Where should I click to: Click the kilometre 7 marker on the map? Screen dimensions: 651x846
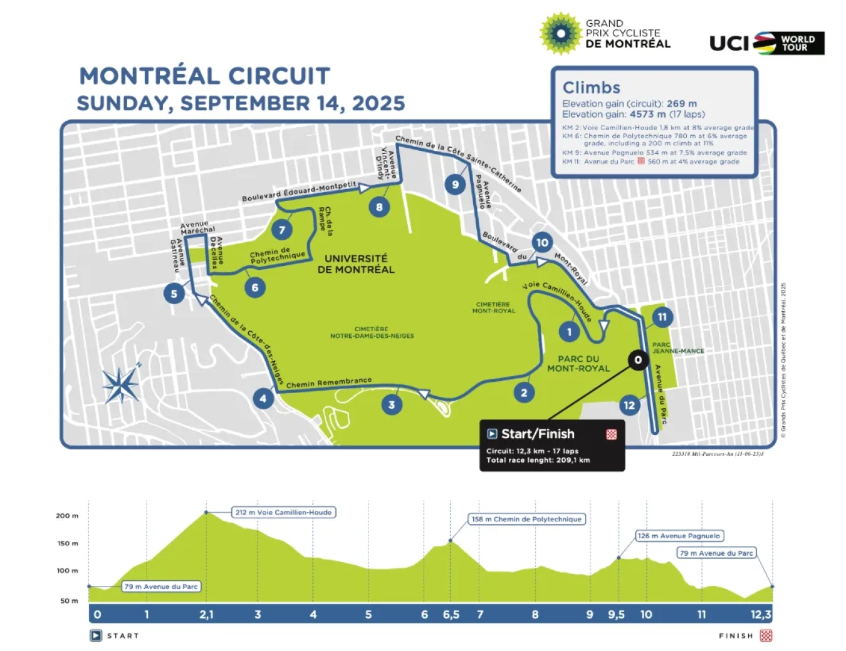tap(282, 230)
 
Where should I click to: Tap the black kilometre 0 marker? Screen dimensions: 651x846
tap(638, 359)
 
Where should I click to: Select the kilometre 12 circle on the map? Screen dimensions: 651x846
tap(629, 405)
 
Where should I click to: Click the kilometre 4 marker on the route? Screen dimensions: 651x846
tap(263, 398)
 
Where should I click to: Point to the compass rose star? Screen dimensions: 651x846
tap(121, 384)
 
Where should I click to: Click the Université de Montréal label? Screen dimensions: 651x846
tap(356, 264)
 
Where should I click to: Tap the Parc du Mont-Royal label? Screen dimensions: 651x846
tap(578, 364)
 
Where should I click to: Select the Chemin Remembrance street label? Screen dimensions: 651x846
tap(329, 382)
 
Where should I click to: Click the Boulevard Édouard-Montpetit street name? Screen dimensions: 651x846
tap(298, 191)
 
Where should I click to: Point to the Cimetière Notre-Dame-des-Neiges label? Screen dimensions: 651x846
tap(372, 332)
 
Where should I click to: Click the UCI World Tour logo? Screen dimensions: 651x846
tap(766, 43)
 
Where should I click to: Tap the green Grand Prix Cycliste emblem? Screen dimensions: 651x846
tap(561, 33)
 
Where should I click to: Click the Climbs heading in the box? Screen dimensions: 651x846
tap(591, 88)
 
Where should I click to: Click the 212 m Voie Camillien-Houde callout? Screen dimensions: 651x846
tap(283, 512)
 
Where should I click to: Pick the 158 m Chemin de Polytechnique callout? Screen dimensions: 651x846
tap(527, 519)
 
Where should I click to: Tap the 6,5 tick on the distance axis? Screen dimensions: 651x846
tap(451, 615)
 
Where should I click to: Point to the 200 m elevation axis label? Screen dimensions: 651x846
tap(67, 516)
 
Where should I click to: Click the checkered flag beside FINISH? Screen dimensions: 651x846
tap(766, 636)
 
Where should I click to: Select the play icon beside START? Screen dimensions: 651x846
tap(96, 636)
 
